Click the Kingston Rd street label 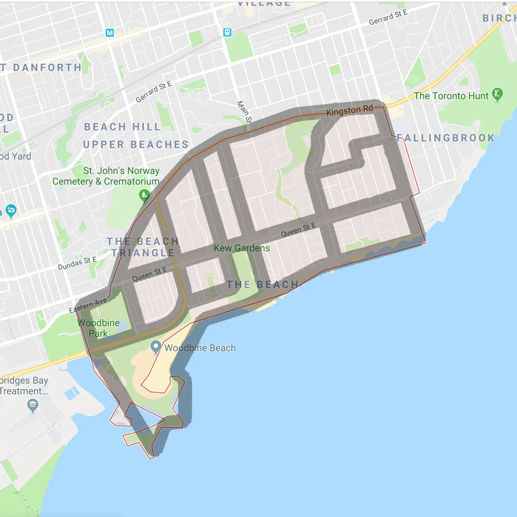click(x=349, y=110)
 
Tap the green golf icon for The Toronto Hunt click(x=497, y=94)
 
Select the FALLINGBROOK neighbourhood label click(x=446, y=138)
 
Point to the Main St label click(x=244, y=112)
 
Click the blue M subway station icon click(x=109, y=33)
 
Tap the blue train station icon click(x=227, y=32)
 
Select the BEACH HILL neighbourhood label click(x=122, y=127)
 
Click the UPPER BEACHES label click(x=136, y=144)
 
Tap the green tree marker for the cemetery click(x=144, y=194)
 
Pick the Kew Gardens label click(x=242, y=248)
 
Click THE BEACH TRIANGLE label click(x=143, y=247)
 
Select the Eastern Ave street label click(x=88, y=305)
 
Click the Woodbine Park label click(x=98, y=328)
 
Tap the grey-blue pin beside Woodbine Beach click(x=156, y=346)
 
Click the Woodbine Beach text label click(x=200, y=348)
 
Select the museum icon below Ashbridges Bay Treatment click(x=33, y=405)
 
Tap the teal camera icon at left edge click(x=11, y=210)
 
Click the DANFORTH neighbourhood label click(x=47, y=67)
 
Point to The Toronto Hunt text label click(x=451, y=96)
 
